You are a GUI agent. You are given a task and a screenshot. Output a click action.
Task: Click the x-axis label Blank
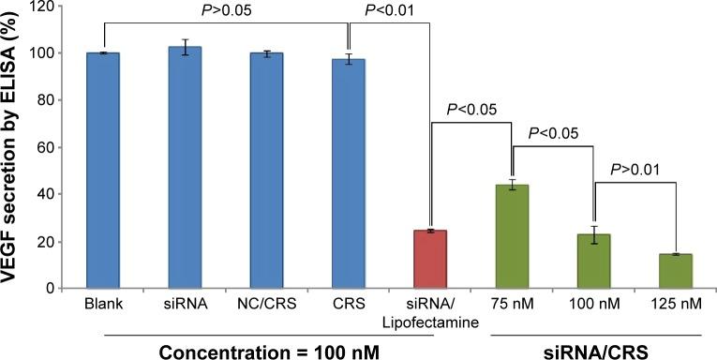pyautogui.click(x=102, y=304)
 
